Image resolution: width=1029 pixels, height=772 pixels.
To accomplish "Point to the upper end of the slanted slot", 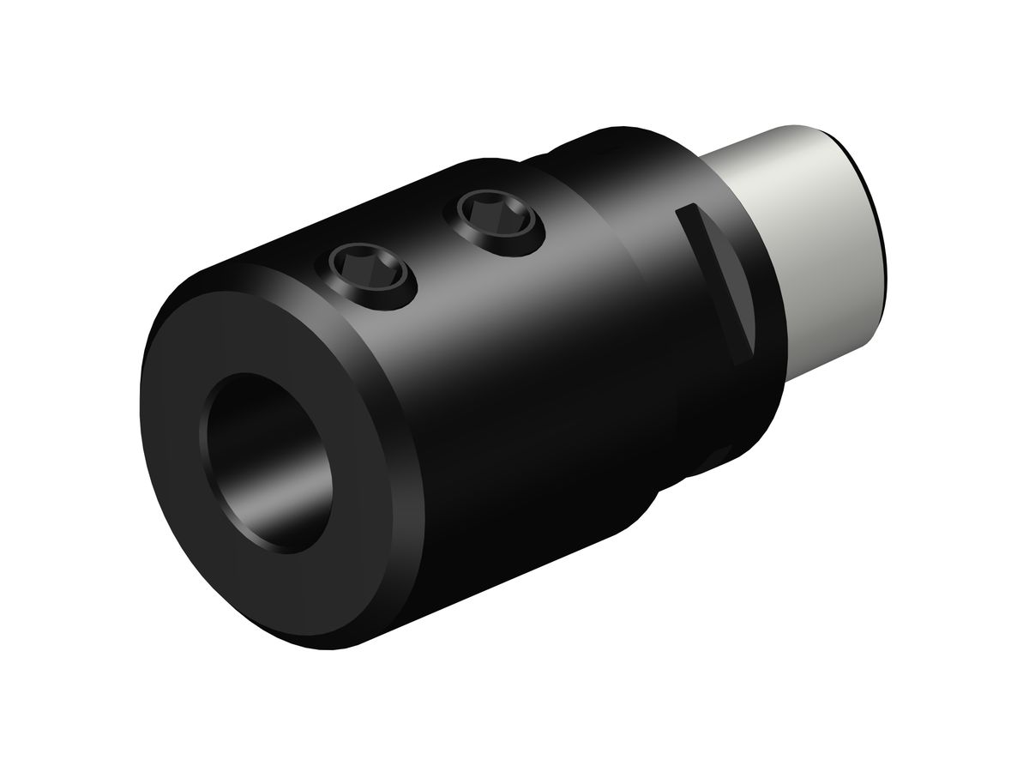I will [683, 210].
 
